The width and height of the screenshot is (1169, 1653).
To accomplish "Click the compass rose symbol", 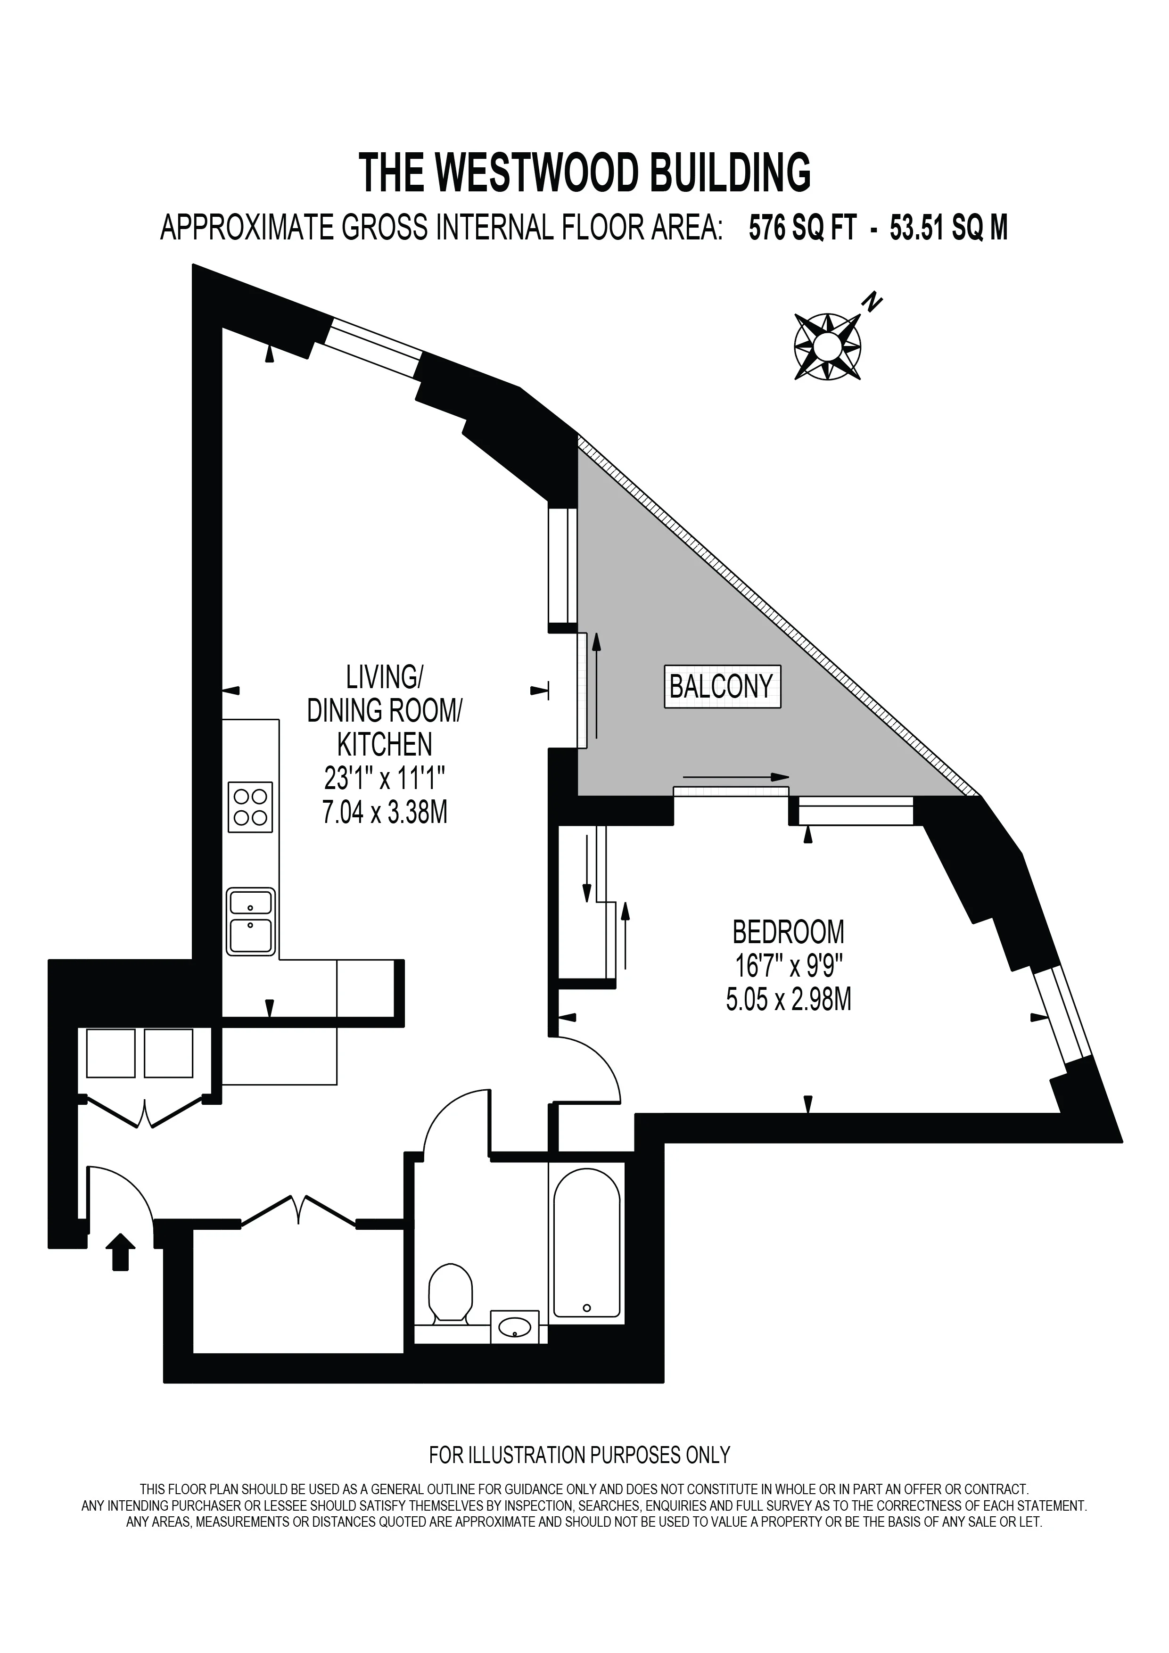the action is tap(828, 346).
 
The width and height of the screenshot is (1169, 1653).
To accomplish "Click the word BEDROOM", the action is tap(788, 932).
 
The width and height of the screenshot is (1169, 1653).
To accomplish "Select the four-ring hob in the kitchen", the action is tap(250, 807).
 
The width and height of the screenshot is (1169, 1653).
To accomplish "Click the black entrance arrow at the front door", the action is tap(121, 1252).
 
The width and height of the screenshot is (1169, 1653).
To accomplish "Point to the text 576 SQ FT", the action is tap(803, 228).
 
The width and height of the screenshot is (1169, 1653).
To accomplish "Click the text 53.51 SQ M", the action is tap(949, 228).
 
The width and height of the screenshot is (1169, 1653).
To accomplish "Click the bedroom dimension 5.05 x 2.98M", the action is tap(788, 1000).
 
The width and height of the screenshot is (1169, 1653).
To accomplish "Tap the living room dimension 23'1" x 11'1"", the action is tap(384, 778).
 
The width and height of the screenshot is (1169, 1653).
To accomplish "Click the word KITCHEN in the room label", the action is tap(384, 744).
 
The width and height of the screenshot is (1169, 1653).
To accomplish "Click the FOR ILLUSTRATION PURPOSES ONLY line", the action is tap(579, 1456).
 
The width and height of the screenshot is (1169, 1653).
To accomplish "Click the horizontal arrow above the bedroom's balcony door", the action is tap(736, 777).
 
